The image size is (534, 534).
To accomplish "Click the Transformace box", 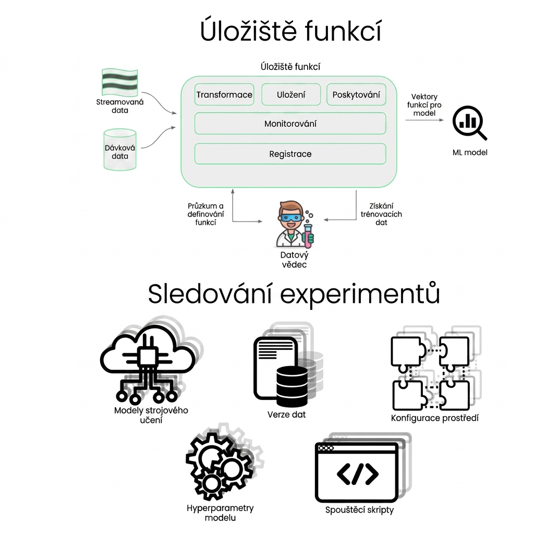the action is pos(224,94).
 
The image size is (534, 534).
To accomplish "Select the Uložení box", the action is pos(291,94).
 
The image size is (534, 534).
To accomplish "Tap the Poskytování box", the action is pos(356,94).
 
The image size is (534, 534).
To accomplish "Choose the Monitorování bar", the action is pos(290,123).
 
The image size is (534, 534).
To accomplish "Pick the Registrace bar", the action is pos(290,154).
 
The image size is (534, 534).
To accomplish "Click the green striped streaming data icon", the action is pos(120,82).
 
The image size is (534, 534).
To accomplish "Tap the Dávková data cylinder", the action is pos(120,149).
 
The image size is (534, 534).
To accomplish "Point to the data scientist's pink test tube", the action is pos(308,235).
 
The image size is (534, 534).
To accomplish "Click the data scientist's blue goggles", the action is pos(291,217).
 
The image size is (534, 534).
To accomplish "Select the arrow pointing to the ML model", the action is pos(424,120).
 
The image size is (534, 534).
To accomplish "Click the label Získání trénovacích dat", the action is pos(381,214).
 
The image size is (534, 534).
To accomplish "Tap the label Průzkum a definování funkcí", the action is pos(205,214).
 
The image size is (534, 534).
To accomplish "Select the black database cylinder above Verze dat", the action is pos(292,385).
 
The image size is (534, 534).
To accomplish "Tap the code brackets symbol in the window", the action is pos(358,474).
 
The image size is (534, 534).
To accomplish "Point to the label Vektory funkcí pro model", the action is pos(424,105).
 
